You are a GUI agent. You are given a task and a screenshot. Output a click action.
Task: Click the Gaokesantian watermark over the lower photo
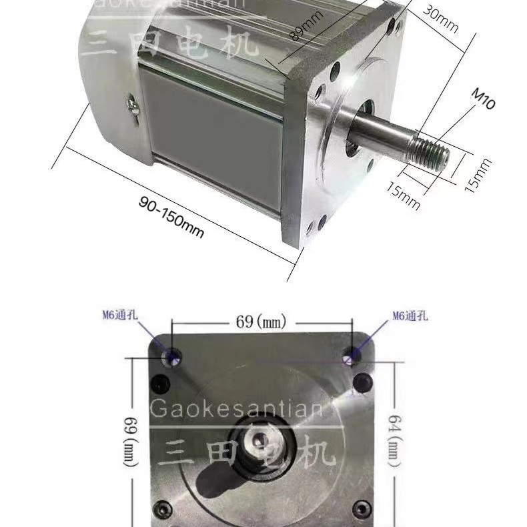237,408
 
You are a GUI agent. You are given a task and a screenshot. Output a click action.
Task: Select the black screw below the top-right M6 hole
362,383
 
